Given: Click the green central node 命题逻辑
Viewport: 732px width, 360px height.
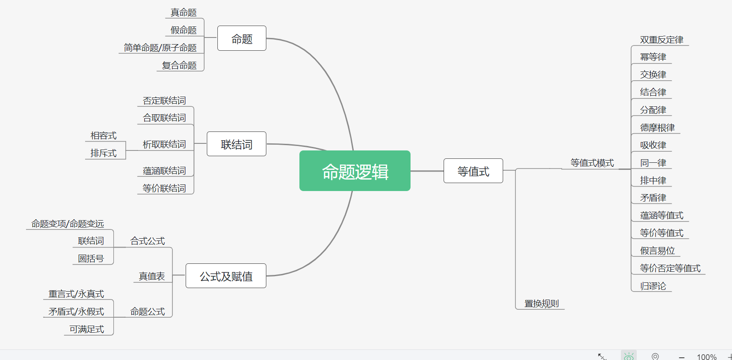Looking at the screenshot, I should pyautogui.click(x=355, y=171).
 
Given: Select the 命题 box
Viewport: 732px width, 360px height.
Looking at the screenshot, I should pyautogui.click(x=242, y=39).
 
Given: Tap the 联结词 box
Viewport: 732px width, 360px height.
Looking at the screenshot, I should pyautogui.click(x=236, y=144).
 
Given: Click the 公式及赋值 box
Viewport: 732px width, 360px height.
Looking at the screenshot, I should pyautogui.click(x=226, y=276).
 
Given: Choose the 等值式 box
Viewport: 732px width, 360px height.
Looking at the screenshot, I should pyautogui.click(x=473, y=171).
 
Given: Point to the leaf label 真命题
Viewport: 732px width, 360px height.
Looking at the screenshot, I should pyautogui.click(x=183, y=13).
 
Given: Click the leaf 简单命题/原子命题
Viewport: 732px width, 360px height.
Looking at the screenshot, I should pyautogui.click(x=160, y=48).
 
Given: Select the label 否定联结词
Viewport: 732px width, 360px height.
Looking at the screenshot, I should pyautogui.click(x=164, y=101).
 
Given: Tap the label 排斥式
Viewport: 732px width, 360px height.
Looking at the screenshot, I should pyautogui.click(x=104, y=153).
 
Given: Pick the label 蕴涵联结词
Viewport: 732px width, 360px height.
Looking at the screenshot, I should pyautogui.click(x=164, y=171).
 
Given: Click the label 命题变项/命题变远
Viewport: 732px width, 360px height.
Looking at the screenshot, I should pyautogui.click(x=67, y=224).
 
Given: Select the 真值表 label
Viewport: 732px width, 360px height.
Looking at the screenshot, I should pyautogui.click(x=152, y=276).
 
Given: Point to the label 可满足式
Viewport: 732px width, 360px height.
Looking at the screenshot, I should pyautogui.click(x=86, y=329).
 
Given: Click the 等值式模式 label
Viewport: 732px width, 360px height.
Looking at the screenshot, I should pyautogui.click(x=592, y=163).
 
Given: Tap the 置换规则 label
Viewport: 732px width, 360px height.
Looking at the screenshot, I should pyautogui.click(x=542, y=304).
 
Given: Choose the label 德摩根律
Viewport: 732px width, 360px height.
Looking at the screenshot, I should pyautogui.click(x=657, y=127).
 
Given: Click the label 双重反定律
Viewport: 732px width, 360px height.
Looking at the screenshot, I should pyautogui.click(x=661, y=40).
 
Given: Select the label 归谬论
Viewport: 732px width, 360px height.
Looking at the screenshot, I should pyautogui.click(x=653, y=286).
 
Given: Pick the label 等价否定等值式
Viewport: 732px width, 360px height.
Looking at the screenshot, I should pyautogui.click(x=670, y=268).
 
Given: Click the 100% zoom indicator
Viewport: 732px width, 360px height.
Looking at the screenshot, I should pyautogui.click(x=706, y=356).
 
